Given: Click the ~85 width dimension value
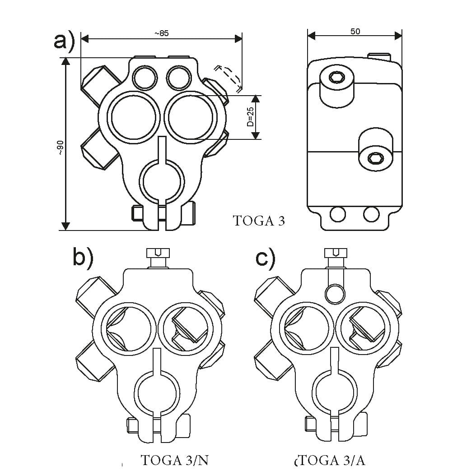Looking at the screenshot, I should (161, 34).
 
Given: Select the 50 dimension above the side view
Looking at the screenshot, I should (355, 32).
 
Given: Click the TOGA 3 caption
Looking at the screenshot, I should (259, 221).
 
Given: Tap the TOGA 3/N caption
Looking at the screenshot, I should (174, 460).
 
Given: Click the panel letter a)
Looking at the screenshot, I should (64, 42).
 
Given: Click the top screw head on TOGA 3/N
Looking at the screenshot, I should (158, 254).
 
